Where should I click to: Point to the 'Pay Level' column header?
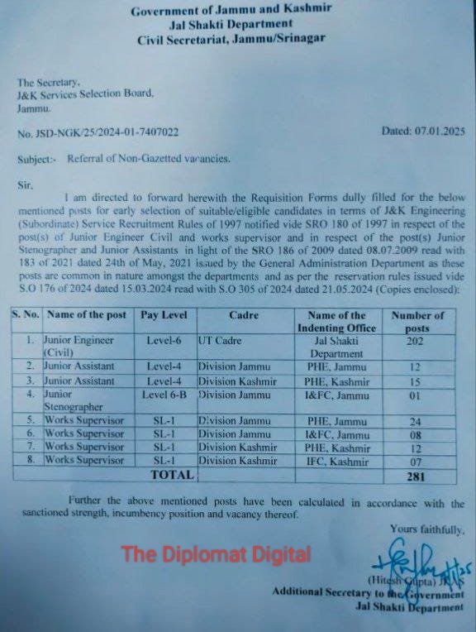click(x=164, y=315)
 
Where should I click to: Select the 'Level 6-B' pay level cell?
click(x=165, y=395)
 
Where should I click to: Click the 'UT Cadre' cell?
click(x=220, y=340)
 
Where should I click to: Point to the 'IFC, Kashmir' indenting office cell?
click(x=336, y=460)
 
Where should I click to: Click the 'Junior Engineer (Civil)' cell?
click(x=77, y=346)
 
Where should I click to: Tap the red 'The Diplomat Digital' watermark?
click(x=216, y=554)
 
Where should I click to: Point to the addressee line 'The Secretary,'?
click(x=49, y=82)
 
